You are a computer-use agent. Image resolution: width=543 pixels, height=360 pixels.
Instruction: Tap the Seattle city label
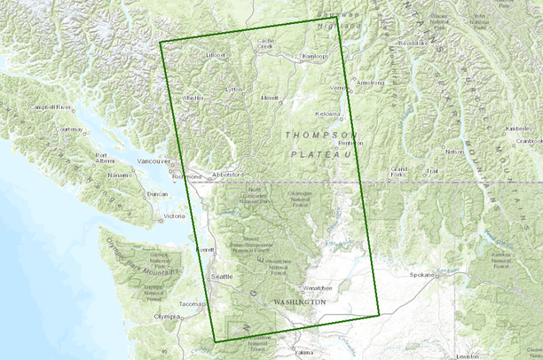221,277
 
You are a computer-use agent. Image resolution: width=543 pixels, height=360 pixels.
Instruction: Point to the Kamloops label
315,56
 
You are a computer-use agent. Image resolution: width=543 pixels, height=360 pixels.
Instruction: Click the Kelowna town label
328,114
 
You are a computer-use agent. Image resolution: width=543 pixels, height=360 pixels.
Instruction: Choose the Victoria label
175,215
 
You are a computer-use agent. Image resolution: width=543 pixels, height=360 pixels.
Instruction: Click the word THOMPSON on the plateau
316,135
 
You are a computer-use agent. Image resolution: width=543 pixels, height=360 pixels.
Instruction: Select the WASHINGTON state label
300,302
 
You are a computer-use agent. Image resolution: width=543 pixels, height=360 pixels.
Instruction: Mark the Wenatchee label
318,288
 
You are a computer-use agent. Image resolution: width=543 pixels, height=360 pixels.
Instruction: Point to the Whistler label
193,98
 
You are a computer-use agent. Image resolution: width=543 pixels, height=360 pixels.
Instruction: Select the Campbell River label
51,106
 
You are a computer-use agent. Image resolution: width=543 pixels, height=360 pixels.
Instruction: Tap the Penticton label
350,143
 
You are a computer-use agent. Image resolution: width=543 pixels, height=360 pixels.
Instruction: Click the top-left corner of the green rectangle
160,42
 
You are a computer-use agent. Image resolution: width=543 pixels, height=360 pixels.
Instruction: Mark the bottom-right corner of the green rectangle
379,314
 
